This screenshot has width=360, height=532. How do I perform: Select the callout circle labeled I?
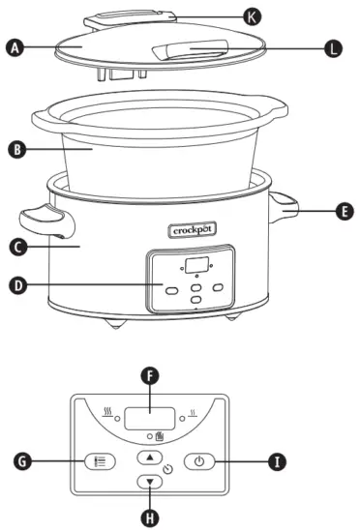[279, 461]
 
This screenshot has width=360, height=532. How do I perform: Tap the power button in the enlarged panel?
[198, 461]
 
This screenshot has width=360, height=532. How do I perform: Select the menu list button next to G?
[97, 461]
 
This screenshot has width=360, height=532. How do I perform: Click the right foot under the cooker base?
[232, 319]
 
